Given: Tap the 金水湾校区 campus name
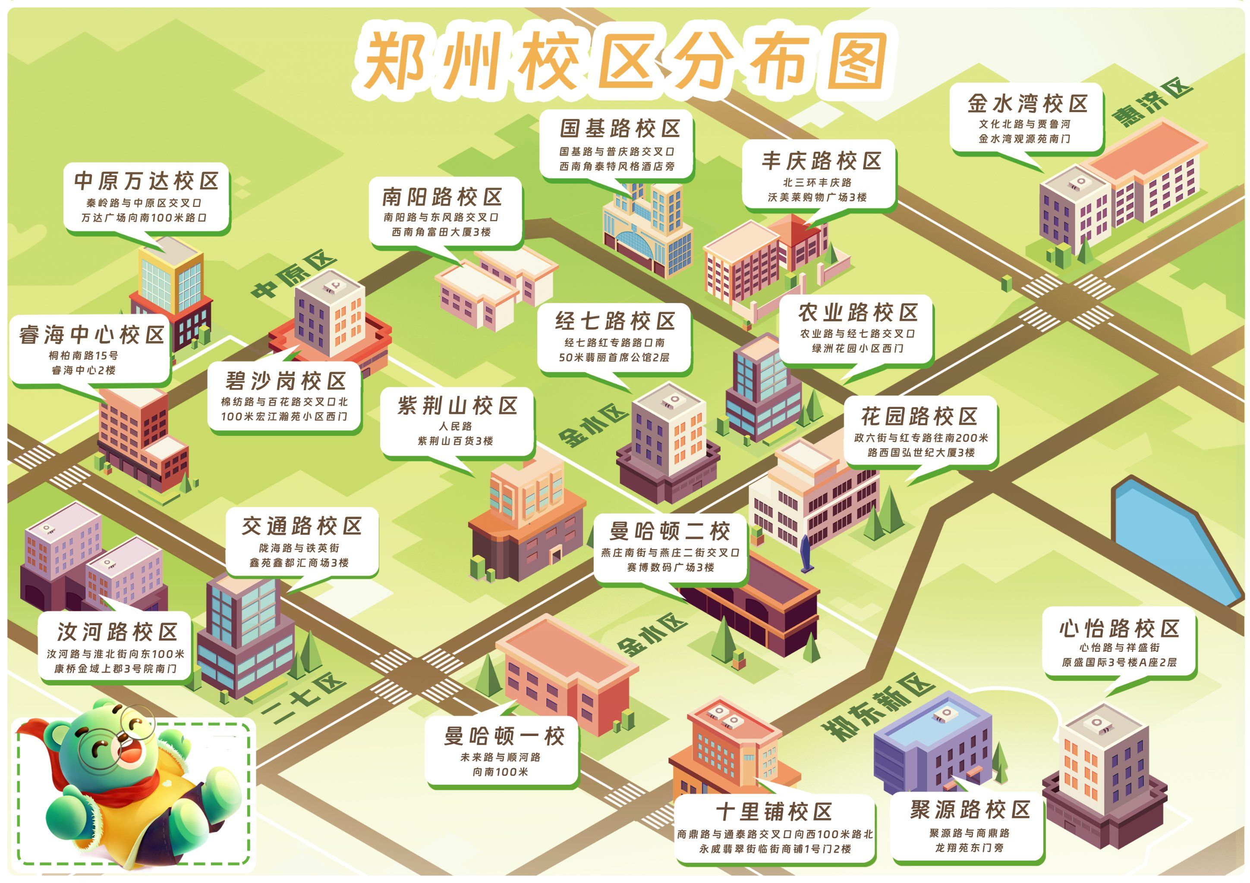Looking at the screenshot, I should pos(1027,103).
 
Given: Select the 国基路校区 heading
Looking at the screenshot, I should pos(620,129).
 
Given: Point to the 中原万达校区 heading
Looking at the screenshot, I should pos(146,181).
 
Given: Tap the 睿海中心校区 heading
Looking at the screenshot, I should pos(91,335).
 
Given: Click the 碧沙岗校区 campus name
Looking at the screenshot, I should pos(286,381).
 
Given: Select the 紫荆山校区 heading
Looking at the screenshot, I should pos(457,405).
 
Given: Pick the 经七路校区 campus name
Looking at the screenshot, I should pos(615,321).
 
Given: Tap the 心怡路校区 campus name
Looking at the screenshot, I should pos(1119,629).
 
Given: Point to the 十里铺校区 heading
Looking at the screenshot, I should pos(774,812).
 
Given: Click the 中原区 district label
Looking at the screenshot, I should pos(294,275).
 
